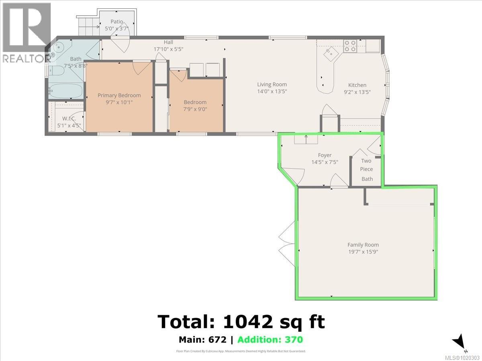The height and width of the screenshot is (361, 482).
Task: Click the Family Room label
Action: pos(363,245)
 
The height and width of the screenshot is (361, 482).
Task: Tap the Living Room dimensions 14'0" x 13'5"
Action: pos(272,91)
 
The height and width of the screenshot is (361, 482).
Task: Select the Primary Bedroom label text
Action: pos(119,95)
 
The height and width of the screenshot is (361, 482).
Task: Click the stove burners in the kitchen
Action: pos(350,46)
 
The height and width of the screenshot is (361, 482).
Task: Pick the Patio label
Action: pos(117,22)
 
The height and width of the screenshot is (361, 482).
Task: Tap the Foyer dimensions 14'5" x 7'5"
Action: pos(325,162)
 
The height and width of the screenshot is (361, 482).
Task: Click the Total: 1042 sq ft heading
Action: pos(241,321)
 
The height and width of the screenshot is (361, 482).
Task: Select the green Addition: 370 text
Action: pos(270,340)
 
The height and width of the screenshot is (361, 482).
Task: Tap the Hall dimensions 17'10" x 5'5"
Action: pos(168,49)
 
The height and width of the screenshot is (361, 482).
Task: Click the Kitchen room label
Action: pos(357,85)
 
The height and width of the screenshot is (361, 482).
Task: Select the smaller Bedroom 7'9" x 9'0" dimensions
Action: pos(195,110)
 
